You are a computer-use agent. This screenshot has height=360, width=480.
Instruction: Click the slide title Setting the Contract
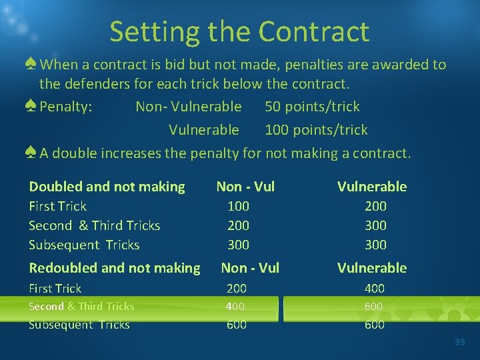click(239, 31)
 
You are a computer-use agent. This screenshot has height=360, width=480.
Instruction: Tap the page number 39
click(459, 342)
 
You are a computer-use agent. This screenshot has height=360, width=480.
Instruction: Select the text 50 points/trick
click(312, 107)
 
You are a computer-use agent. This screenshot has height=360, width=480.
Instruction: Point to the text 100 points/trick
click(316, 130)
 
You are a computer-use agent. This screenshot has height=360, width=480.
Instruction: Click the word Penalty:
click(66, 107)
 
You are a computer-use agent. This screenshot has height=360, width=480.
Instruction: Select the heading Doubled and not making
click(107, 187)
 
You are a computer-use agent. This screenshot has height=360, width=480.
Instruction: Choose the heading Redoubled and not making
click(114, 268)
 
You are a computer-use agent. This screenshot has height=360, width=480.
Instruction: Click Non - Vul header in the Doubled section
click(245, 187)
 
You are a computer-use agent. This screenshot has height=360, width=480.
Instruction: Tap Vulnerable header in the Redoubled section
click(371, 268)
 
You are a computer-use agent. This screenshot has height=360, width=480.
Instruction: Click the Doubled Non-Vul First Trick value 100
click(238, 207)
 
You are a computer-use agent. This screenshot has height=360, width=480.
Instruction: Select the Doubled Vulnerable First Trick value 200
click(375, 207)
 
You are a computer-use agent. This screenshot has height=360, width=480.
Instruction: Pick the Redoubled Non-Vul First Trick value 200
click(237, 289)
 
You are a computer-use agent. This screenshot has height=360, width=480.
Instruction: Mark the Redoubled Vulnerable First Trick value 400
click(373, 289)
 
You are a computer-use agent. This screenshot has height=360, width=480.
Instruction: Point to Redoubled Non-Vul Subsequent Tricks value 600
click(237, 325)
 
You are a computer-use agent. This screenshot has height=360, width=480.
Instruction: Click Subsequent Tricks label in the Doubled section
click(84, 245)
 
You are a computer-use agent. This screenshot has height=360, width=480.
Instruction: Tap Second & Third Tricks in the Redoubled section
click(81, 307)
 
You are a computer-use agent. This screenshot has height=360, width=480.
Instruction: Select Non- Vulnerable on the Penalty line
click(189, 107)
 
